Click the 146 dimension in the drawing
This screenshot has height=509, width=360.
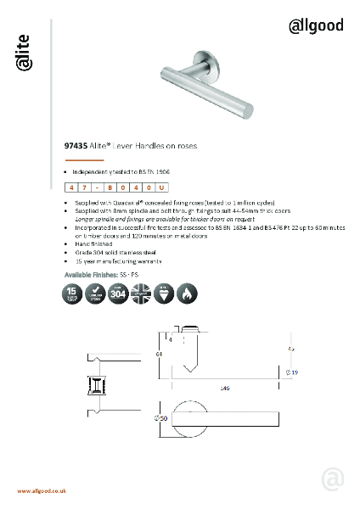point(225,387)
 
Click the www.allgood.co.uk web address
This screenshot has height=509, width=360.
point(42,491)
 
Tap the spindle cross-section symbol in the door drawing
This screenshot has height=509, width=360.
point(95,387)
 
